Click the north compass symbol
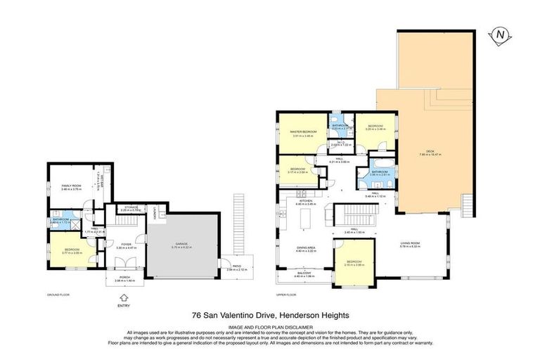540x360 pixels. pos(501,34)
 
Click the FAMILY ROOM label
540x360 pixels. pos(71,186)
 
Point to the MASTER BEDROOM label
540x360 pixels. pos(303,132)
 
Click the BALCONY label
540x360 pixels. pos(304,274)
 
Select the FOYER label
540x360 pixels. pos(124,245)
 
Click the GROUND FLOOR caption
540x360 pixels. pos(58,295)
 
